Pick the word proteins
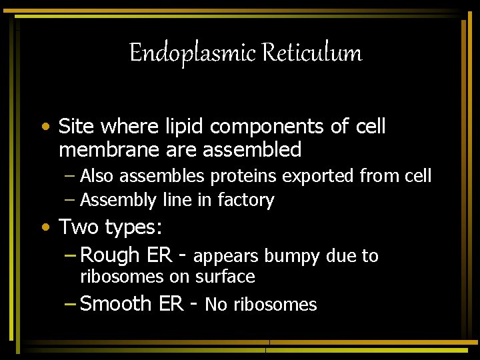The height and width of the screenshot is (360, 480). (245, 176)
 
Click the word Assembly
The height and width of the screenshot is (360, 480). (118, 200)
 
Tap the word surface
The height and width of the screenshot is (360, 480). (226, 276)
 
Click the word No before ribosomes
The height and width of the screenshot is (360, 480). (217, 305)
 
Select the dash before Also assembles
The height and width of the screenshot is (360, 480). (71, 177)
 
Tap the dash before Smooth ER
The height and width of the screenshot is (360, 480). (71, 303)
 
